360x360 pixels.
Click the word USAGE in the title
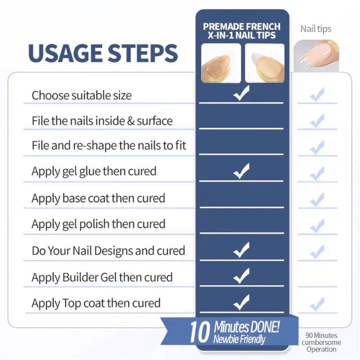(65, 53)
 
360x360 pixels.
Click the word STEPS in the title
(143, 53)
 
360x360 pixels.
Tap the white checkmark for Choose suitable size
(241, 93)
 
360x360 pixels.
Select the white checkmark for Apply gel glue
(241, 171)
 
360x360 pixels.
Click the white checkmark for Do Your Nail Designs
(241, 250)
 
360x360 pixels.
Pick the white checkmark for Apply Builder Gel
(241, 276)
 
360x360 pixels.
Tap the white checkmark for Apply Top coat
(241, 302)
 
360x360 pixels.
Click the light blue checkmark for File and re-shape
(317, 148)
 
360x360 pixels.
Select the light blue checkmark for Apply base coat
(317, 200)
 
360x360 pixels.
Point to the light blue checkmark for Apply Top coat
(317, 305)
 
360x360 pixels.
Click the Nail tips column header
(316, 29)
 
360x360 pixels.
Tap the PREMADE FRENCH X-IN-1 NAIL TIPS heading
(242, 31)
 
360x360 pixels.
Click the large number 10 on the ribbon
(199, 332)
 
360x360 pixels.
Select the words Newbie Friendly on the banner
(239, 339)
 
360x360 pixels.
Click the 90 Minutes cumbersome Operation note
(321, 342)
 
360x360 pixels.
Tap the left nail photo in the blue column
(221, 63)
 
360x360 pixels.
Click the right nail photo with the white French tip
(265, 63)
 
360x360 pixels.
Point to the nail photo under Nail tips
(316, 56)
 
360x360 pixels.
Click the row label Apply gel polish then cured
(99, 224)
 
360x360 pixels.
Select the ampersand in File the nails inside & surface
(130, 121)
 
